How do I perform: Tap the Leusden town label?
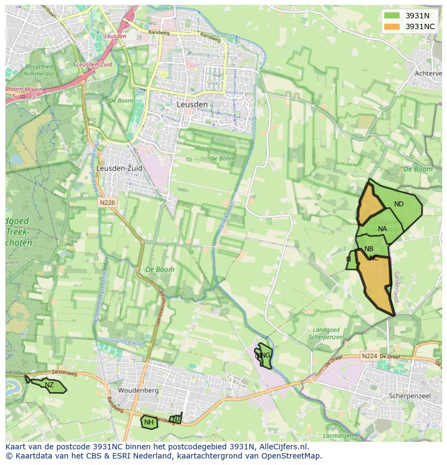[x=192, y=104]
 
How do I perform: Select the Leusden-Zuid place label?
[x=119, y=169]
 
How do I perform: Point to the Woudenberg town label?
[x=138, y=390]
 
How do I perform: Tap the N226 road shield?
[x=107, y=202]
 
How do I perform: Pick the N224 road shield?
[x=369, y=356]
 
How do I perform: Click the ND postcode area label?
[x=399, y=204]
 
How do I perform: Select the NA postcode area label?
[x=382, y=229]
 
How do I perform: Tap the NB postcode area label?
[x=369, y=249]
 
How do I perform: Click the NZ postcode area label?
[x=49, y=385]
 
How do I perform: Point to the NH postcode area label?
[x=149, y=422]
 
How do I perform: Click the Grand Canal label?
[x=125, y=341]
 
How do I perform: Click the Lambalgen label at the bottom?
[x=337, y=436]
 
